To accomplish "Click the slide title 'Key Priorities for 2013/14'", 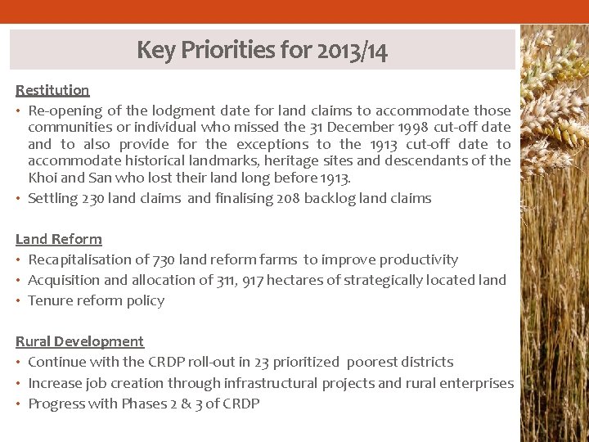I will (x=262, y=51).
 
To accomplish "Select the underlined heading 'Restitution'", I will (x=52, y=90).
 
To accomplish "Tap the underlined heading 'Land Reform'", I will (x=59, y=239).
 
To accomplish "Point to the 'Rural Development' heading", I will (x=79, y=341).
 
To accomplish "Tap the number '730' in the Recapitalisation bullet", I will (x=163, y=259).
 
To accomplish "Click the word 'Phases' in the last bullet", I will (x=142, y=403).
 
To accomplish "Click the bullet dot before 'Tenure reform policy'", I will (x=19, y=300).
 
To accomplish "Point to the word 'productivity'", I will (x=417, y=259).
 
